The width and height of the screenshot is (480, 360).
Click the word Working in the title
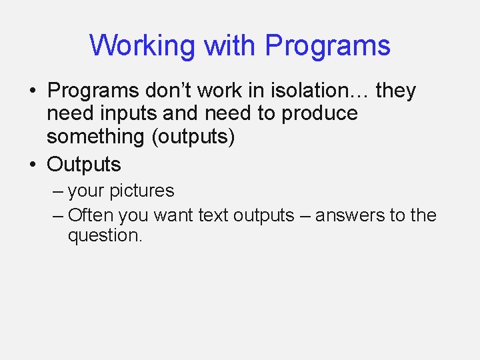point(142,46)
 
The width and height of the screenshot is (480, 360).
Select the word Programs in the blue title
point(327,46)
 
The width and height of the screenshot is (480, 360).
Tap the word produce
point(319,113)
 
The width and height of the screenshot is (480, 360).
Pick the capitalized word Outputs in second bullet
point(84,164)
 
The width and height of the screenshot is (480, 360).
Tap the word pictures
point(141,191)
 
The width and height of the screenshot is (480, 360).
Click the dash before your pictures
point(58,191)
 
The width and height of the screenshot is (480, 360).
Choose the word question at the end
point(103,235)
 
